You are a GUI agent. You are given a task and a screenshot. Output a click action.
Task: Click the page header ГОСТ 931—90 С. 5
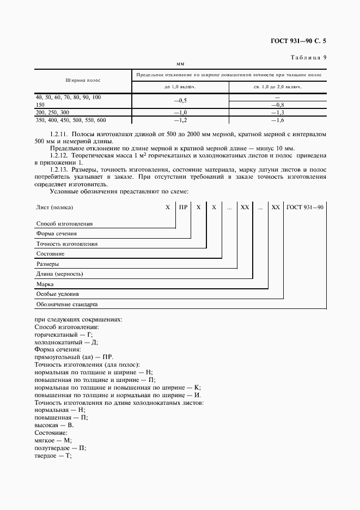[302, 40]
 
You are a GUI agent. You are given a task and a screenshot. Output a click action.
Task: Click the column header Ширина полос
[83, 80]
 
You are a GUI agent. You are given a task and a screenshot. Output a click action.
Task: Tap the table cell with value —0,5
[180, 100]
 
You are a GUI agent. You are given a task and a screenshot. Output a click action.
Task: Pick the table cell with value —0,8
[278, 104]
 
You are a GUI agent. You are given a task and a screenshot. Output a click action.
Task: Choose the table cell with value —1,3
[278, 112]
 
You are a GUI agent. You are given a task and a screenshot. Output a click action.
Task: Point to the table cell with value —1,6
[278, 119]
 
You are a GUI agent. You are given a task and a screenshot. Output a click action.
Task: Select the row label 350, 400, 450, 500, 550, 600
[70, 119]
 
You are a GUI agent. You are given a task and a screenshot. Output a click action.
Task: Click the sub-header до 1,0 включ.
[180, 87]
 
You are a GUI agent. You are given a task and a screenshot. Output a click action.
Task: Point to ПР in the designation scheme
[184, 208]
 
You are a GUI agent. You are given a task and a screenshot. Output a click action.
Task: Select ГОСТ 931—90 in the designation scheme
[305, 208]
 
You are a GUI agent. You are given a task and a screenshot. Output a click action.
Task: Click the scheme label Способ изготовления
[64, 223]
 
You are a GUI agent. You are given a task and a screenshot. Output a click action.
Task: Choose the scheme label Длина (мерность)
[59, 274]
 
